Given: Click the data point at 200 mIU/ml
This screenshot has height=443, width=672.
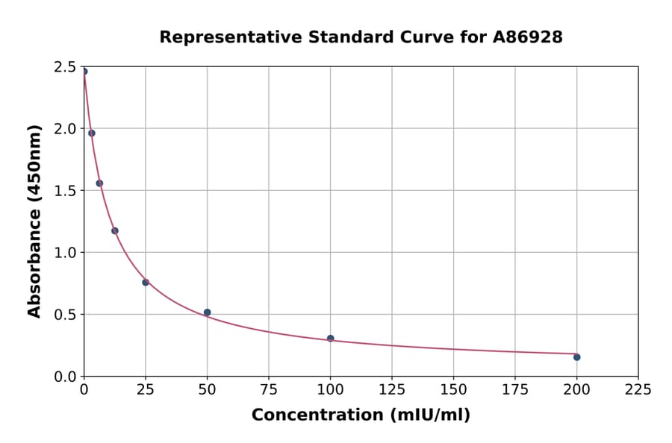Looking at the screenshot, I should coord(576,357).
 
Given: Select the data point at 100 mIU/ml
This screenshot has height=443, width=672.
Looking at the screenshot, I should coord(330,339).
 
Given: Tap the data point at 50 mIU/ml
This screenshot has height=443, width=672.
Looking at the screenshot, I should coord(207,312).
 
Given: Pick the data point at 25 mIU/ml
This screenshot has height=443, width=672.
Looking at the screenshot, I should coord(146,283).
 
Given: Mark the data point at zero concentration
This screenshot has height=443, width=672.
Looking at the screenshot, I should coord(84,72).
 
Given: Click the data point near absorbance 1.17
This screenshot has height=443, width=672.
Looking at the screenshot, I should coord(115,231).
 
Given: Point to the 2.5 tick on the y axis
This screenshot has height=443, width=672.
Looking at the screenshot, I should coord(66,67).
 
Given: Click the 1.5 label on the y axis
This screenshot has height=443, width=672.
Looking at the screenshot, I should coord(66,191).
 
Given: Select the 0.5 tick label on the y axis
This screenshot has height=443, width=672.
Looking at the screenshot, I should coord(66,315).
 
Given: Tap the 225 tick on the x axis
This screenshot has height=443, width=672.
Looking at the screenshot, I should coord(638,389).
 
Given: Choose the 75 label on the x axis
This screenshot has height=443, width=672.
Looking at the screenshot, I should coord(269,389).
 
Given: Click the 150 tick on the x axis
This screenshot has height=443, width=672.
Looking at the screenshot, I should coord(453,389).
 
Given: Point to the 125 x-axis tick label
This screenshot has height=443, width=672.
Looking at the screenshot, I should coord(392,389).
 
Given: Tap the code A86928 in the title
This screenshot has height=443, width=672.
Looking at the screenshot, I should coord(527,37).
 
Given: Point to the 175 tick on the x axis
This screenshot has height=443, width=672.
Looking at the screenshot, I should coord(514,389).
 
